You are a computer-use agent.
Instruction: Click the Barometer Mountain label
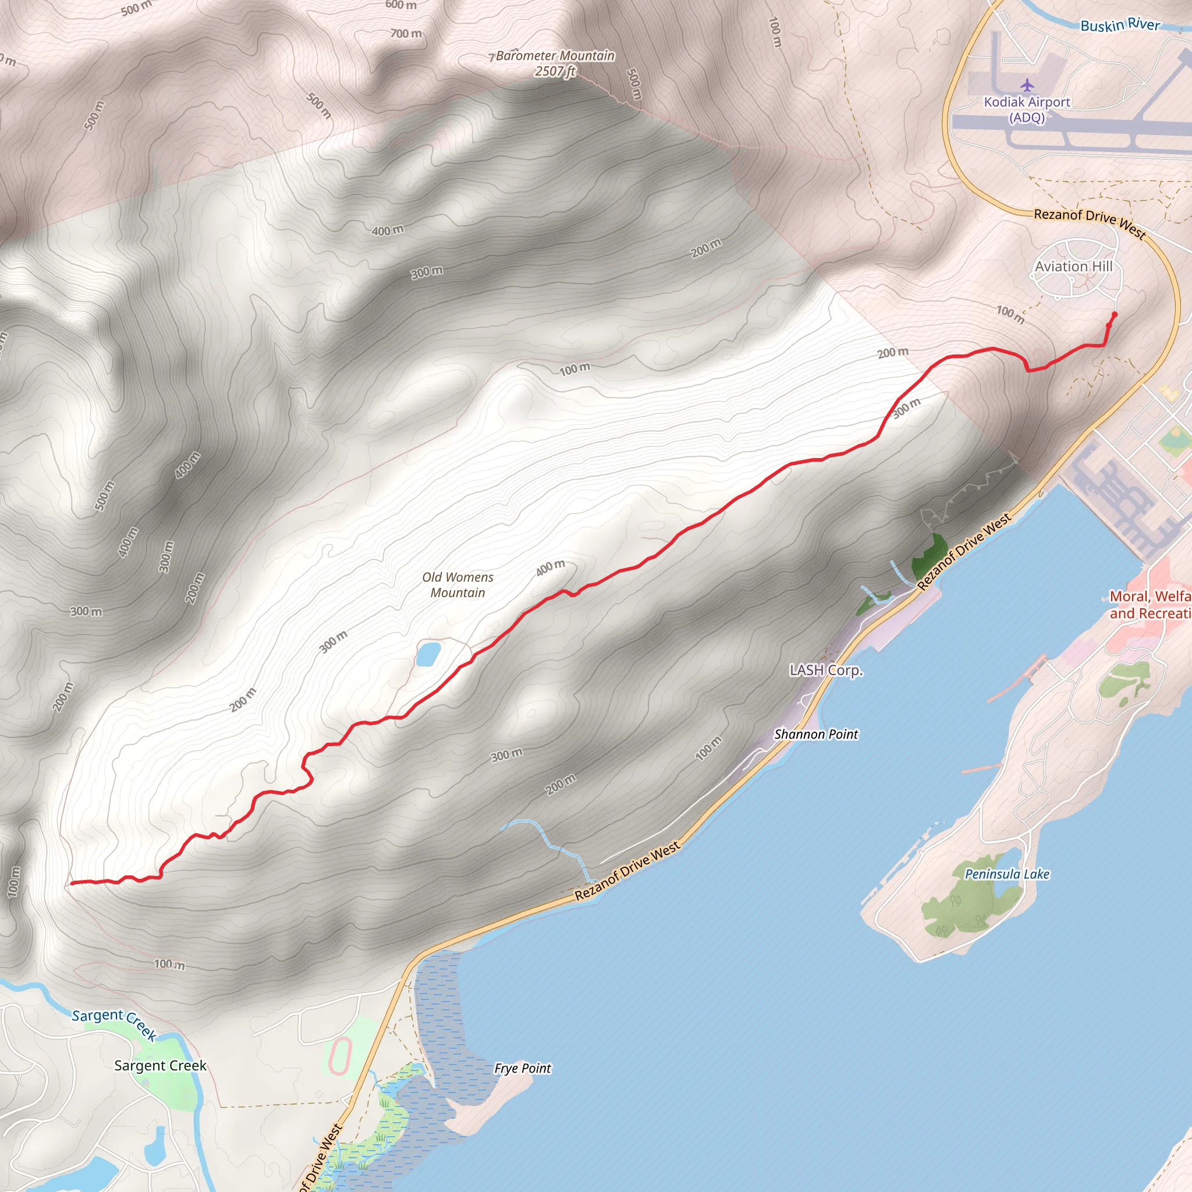pos(555,56)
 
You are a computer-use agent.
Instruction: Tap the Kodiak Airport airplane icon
pos(1027,84)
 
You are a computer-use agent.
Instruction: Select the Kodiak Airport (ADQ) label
pos(1027,109)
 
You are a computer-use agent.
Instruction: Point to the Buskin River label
pos(1120,25)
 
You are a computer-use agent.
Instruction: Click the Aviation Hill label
pos(1073,267)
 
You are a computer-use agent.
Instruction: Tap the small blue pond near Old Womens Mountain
pos(428,654)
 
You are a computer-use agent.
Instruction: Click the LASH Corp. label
pos(825,670)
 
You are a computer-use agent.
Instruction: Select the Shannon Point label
pos(815,734)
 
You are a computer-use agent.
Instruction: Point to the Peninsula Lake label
pos(1007,874)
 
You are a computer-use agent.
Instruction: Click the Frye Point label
pos(523,1068)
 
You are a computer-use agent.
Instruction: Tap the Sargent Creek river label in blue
pos(115,1024)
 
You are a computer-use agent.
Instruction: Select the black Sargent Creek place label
pos(161,1066)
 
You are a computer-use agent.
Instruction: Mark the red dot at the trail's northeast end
pos(1114,315)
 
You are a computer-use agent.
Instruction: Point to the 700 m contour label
pos(406,33)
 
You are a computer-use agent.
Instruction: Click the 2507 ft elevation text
pos(555,72)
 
